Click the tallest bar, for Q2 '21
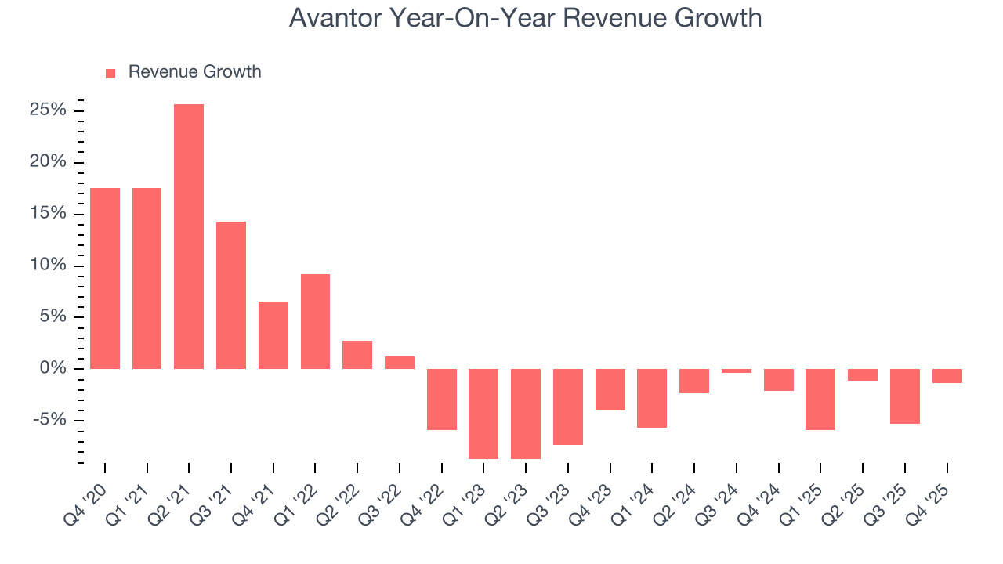[x=189, y=236]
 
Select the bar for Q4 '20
[x=105, y=278]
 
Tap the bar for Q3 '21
[x=231, y=295]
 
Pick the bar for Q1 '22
[x=315, y=321]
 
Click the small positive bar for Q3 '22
[x=399, y=362]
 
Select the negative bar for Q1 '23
[x=483, y=414]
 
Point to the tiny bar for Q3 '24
[x=736, y=371]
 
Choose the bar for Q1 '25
[x=820, y=399]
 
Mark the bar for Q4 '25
[x=947, y=376]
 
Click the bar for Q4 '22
[x=441, y=399]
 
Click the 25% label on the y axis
[x=48, y=110]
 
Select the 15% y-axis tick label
[x=48, y=214]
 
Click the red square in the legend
[x=110, y=73]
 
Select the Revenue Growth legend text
[x=194, y=72]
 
